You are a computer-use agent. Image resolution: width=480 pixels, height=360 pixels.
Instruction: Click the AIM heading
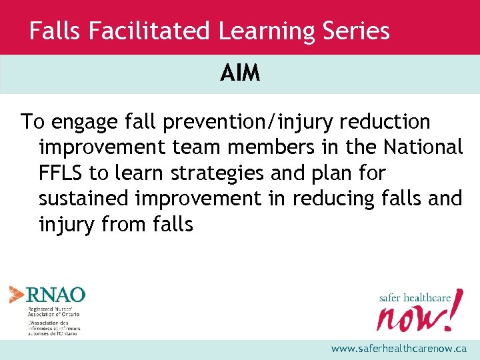pyautogui.click(x=240, y=73)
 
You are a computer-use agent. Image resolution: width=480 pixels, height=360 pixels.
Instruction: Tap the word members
pyautogui.click(x=268, y=148)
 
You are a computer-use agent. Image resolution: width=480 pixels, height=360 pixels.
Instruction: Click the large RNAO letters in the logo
pyautogui.click(x=55, y=294)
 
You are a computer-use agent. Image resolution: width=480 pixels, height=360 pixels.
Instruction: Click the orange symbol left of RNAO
pyautogui.click(x=17, y=294)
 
